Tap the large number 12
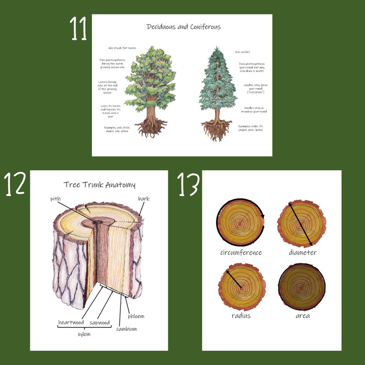tap(14, 184)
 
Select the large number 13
tap(188, 184)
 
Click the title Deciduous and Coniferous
tap(183, 27)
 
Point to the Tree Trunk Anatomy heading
tap(99, 185)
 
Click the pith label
tap(56, 199)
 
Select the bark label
tap(143, 199)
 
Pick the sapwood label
tap(99, 322)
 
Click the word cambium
tap(126, 329)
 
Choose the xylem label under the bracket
tap(84, 334)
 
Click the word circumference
tap(241, 252)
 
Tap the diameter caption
tap(302, 252)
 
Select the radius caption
tap(241, 316)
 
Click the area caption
tap(302, 316)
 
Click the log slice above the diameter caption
tap(302, 223)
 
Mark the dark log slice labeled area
tap(302, 287)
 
